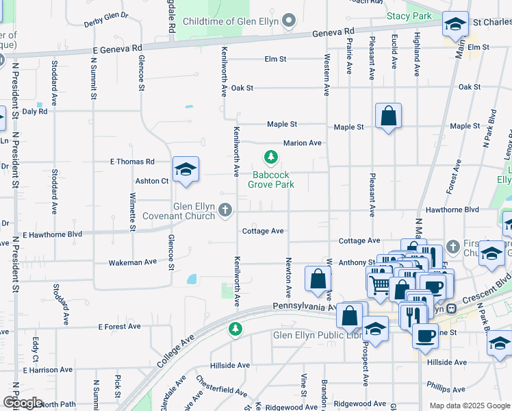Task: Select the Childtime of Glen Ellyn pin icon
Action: click(289, 21)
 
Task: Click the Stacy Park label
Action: click(409, 15)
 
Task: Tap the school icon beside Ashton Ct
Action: click(185, 170)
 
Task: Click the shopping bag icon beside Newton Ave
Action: click(318, 279)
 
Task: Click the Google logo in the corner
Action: click(23, 403)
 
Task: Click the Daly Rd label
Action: click(34, 111)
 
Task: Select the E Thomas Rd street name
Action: click(133, 162)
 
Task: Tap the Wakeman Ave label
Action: click(133, 262)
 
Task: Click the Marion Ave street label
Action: click(303, 143)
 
